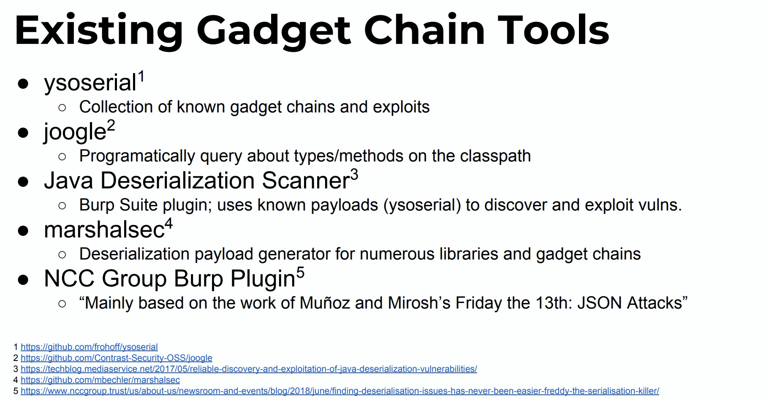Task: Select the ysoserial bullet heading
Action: tap(90, 83)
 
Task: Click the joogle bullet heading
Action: tap(75, 132)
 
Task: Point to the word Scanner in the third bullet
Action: tap(306, 180)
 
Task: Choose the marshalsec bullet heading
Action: tap(104, 230)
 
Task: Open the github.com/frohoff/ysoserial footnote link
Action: tap(89, 347)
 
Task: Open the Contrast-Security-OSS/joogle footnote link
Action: tap(117, 358)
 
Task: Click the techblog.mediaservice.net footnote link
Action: tap(249, 369)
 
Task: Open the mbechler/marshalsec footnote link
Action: tap(100, 380)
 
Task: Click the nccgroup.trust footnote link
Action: tap(340, 391)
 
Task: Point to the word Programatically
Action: tap(137, 156)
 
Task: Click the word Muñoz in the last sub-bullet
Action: tap(325, 303)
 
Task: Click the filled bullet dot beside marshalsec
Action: tap(23, 231)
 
